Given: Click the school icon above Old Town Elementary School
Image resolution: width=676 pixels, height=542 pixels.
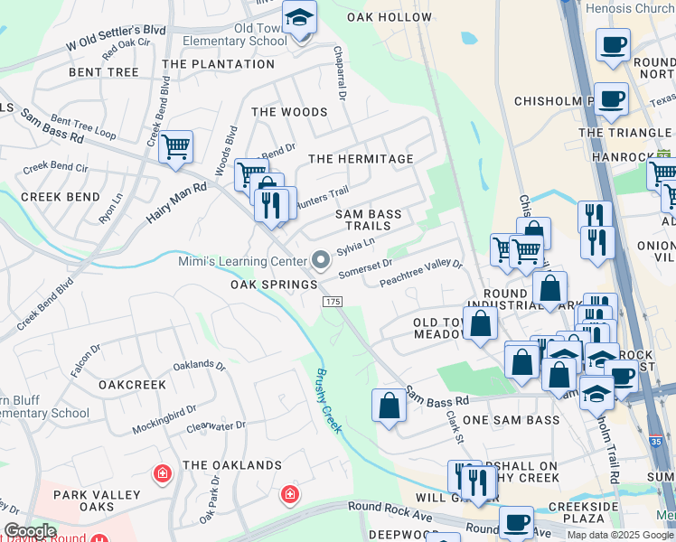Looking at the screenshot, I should (x=299, y=18).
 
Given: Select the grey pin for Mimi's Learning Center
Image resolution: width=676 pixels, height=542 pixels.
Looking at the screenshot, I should (x=321, y=261).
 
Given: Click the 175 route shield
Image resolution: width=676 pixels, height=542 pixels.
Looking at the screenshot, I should (x=333, y=302).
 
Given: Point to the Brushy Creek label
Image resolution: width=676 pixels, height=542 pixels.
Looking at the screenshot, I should (x=328, y=400).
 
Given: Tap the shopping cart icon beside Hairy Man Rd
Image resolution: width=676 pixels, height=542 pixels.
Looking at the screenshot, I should (x=175, y=146).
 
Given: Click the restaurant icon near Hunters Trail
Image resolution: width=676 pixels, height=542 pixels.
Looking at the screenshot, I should (x=268, y=206).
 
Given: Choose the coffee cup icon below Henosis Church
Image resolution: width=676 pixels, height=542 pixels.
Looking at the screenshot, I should (x=613, y=44).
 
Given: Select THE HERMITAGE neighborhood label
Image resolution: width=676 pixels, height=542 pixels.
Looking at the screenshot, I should (x=361, y=159).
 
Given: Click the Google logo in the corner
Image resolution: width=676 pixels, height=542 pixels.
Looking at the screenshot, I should (x=29, y=531).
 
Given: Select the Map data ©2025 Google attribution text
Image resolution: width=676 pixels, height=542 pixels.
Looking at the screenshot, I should (x=619, y=535).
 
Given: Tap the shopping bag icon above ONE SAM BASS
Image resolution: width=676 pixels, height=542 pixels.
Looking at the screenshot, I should (x=389, y=405).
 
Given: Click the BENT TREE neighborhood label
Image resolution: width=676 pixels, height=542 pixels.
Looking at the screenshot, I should (x=104, y=71).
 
